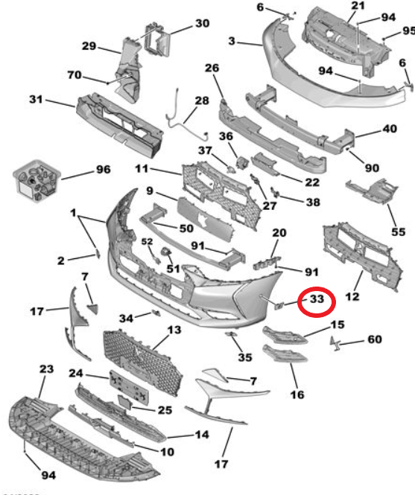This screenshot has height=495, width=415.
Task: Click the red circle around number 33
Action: tap(317, 287)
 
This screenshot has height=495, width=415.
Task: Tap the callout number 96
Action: tap(103, 170)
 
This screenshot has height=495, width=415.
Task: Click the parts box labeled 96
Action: tap(37, 181)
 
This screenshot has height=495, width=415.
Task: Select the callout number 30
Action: tap(203, 23)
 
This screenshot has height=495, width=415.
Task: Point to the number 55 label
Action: tap(398, 232)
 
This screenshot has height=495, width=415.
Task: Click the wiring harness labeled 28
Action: tap(186, 117)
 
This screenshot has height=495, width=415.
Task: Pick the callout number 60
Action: tap(375, 339)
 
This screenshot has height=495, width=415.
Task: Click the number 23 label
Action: tap(46, 368)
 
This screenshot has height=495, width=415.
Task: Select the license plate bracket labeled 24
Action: tap(129, 387)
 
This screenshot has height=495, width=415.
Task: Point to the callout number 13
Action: tap(174, 330)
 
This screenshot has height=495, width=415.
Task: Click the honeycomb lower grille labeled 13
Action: tap(143, 362)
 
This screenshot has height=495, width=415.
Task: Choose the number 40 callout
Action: tap(390, 129)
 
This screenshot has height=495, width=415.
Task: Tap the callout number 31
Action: tap(36, 99)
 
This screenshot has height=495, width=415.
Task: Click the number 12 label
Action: tap(352, 296)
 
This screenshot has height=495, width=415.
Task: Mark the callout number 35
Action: tap(245, 357)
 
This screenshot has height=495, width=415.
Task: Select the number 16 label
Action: tap(297, 395)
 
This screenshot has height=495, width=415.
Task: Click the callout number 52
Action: tap(147, 241)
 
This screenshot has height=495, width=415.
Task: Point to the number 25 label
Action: tap(165, 410)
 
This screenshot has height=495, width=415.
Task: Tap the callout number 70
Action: tap(75, 75)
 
